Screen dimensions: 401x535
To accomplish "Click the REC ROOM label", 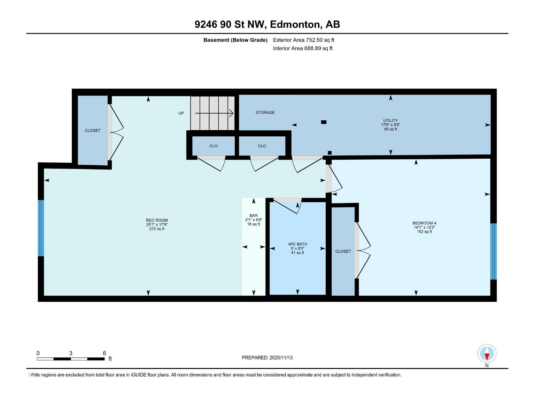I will click(x=156, y=220).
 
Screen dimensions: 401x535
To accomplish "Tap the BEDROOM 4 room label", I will click(x=424, y=223).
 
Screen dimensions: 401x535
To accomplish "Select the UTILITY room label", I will click(x=390, y=121).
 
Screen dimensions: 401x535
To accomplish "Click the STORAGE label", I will click(x=265, y=113).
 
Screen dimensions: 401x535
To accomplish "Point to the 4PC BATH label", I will click(x=297, y=244).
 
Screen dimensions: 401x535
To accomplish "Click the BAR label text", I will click(x=253, y=216).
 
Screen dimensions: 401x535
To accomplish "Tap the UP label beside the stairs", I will click(x=181, y=113).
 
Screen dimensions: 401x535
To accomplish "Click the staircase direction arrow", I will click(x=214, y=113).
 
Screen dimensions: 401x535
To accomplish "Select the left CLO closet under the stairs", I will click(x=213, y=146).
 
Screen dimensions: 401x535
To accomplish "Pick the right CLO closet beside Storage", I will click(x=262, y=146).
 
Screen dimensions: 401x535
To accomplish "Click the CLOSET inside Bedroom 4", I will click(x=343, y=251).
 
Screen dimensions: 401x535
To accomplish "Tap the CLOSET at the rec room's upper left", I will click(x=93, y=131).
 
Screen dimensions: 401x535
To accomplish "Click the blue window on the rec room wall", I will click(x=41, y=228).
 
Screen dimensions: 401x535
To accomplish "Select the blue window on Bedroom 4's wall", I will click(x=493, y=251).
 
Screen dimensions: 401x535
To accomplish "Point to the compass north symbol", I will click(x=487, y=354).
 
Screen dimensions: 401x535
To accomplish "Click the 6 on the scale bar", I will click(x=104, y=353).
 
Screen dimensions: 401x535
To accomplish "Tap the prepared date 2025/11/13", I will click(x=281, y=358).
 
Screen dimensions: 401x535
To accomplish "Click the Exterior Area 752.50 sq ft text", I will click(x=303, y=40).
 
